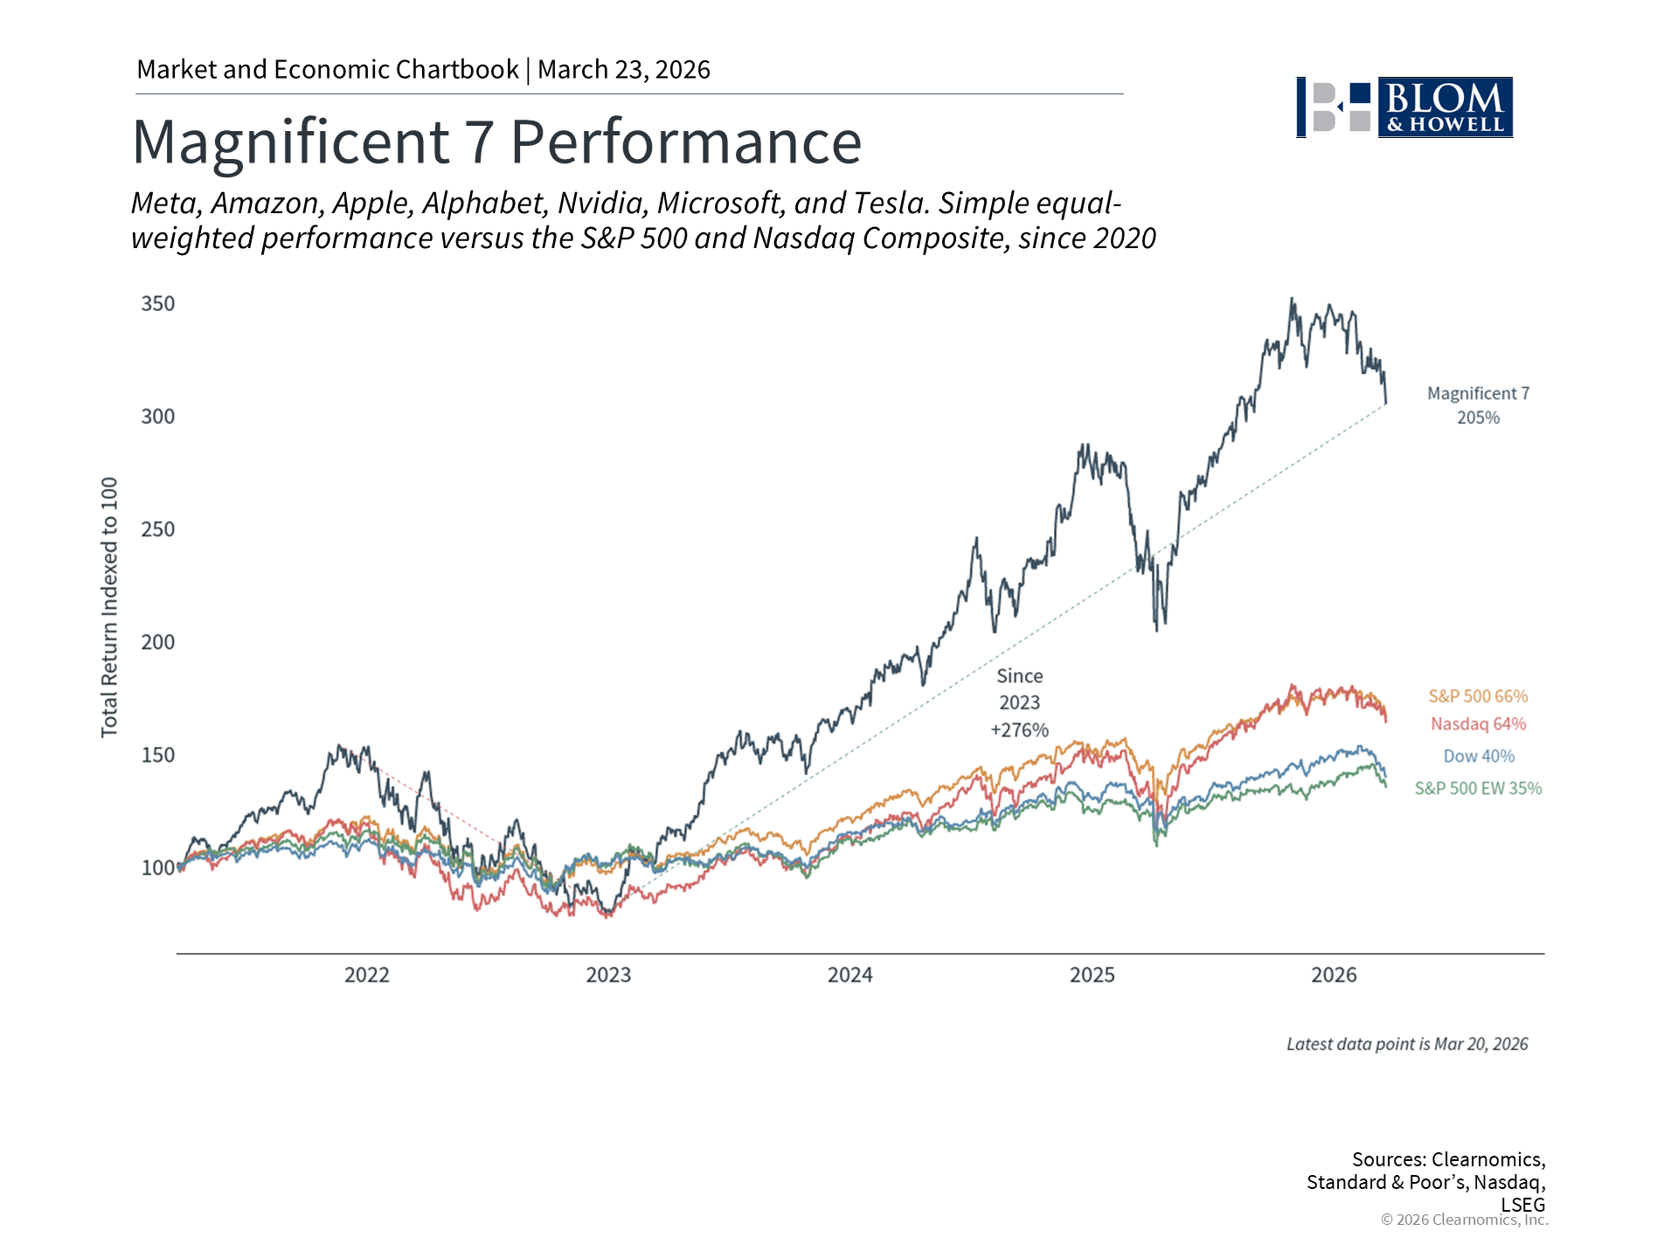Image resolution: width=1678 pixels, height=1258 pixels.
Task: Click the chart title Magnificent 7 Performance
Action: click(496, 142)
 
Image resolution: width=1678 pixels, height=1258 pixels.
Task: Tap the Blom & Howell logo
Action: click(1404, 107)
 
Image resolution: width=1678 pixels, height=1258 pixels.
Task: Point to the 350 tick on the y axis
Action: click(158, 304)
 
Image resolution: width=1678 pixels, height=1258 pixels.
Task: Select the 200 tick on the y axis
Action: click(158, 642)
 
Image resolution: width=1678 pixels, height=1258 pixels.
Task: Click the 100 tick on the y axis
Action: click(158, 867)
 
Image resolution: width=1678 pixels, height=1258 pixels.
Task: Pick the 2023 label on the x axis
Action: click(608, 975)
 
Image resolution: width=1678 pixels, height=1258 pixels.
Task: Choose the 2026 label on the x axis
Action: click(1334, 975)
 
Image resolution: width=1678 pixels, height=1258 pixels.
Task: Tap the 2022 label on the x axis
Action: click(366, 975)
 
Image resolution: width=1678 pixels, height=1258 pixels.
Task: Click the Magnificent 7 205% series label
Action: click(1478, 405)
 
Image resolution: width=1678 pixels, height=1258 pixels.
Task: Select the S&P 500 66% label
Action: click(1478, 696)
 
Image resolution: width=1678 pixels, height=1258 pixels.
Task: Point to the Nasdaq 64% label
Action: click(1478, 724)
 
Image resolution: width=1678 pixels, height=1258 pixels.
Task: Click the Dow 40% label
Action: click(1478, 757)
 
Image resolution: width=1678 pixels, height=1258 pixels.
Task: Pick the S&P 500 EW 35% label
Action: click(1478, 788)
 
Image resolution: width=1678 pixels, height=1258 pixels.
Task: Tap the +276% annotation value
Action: click(1019, 730)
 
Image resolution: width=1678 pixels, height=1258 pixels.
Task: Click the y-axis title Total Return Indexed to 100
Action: click(109, 607)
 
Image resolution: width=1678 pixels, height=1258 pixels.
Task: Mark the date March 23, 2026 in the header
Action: click(623, 70)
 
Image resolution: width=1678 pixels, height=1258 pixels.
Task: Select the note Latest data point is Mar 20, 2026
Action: click(1407, 1044)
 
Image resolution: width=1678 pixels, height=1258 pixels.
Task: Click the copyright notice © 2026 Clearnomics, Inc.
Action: click(1464, 1220)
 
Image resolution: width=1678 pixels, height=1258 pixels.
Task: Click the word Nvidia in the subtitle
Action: click(602, 203)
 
